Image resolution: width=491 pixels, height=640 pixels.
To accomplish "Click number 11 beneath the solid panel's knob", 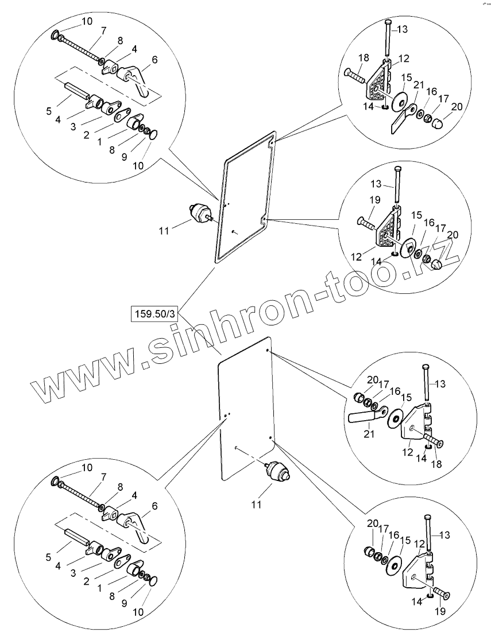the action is point(257,505).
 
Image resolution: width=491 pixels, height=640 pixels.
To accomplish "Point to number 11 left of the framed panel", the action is point(164,231).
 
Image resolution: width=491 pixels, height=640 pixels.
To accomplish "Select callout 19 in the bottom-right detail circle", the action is point(439,611).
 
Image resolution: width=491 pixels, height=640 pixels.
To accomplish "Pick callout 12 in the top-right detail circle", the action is point(404,58).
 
